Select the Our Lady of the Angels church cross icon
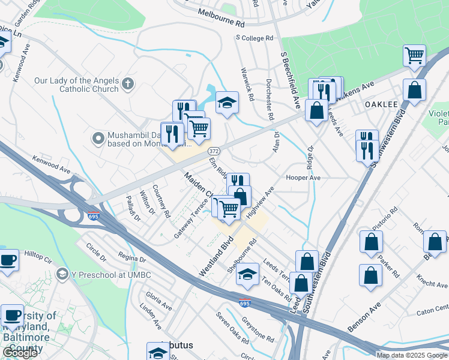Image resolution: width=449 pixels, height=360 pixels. [x=127, y=84]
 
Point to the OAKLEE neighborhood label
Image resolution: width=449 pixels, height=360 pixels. [x=382, y=104]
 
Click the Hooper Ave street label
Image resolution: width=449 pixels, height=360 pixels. [x=303, y=178]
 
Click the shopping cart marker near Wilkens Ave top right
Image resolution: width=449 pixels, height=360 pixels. [x=414, y=56]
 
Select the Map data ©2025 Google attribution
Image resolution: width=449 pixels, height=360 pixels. [x=412, y=355]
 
